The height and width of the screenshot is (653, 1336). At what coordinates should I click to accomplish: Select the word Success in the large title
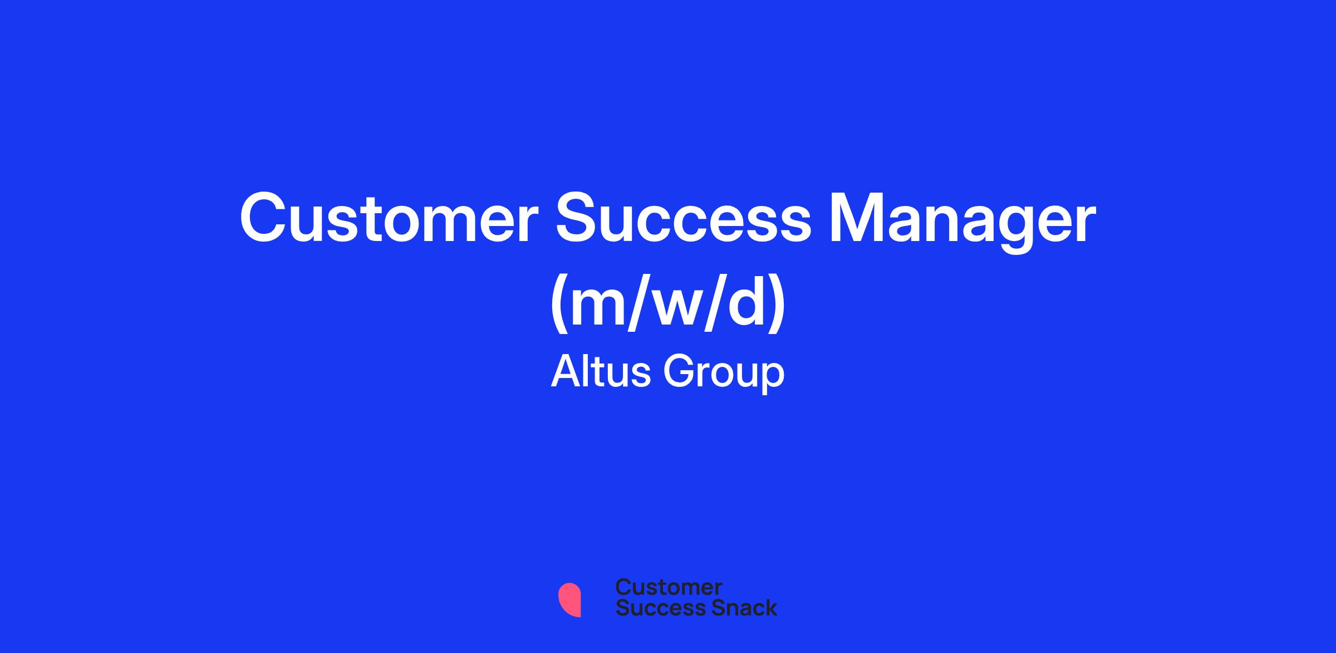[x=684, y=219]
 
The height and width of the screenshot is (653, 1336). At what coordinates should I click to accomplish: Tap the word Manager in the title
[x=962, y=223]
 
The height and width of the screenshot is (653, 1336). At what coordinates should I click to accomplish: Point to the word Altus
[x=600, y=371]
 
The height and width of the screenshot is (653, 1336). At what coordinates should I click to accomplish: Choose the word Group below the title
[x=724, y=374]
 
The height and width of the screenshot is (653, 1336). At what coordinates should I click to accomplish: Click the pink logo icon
[x=569, y=600]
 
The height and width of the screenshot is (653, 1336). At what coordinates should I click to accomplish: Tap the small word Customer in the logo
[x=669, y=587]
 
